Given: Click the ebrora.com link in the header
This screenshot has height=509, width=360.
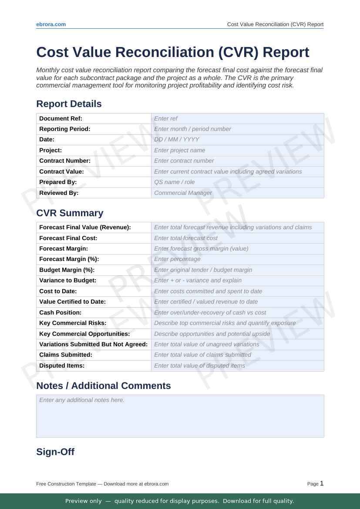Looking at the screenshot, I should tap(51, 24).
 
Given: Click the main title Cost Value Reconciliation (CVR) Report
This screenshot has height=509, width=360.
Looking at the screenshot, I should tap(173, 52).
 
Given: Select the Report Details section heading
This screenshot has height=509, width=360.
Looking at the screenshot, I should tap(69, 104).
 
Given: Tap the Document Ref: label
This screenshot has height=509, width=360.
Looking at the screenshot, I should tap(61, 118).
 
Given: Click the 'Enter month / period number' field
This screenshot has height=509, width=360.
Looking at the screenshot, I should tap(237, 129).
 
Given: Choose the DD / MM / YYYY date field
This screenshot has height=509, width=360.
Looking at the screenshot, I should tap(237, 140).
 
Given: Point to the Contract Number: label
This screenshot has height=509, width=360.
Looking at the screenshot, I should tap(65, 161).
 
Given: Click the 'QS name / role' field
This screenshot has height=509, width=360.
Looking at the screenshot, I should tap(237, 182).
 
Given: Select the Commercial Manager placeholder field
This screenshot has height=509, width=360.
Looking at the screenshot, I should tap(237, 193).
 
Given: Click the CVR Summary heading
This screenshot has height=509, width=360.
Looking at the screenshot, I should tap(70, 213).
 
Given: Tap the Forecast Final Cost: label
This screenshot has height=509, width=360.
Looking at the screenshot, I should tap(68, 238).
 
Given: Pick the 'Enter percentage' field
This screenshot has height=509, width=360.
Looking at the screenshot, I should tap(237, 259).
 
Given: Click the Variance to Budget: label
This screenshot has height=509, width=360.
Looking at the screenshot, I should tap(67, 281).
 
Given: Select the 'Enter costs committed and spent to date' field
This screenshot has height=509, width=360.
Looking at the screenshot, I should tap(237, 291).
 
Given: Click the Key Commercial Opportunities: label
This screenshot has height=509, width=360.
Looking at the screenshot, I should tap(84, 334).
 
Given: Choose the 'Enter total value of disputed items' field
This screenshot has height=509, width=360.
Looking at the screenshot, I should tap(237, 366).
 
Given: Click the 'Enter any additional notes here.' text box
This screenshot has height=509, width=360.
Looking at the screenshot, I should tap(180, 416).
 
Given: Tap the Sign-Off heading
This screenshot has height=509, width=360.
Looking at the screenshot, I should tap(55, 452).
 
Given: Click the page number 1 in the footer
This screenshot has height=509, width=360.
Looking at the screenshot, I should tap(322, 483).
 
